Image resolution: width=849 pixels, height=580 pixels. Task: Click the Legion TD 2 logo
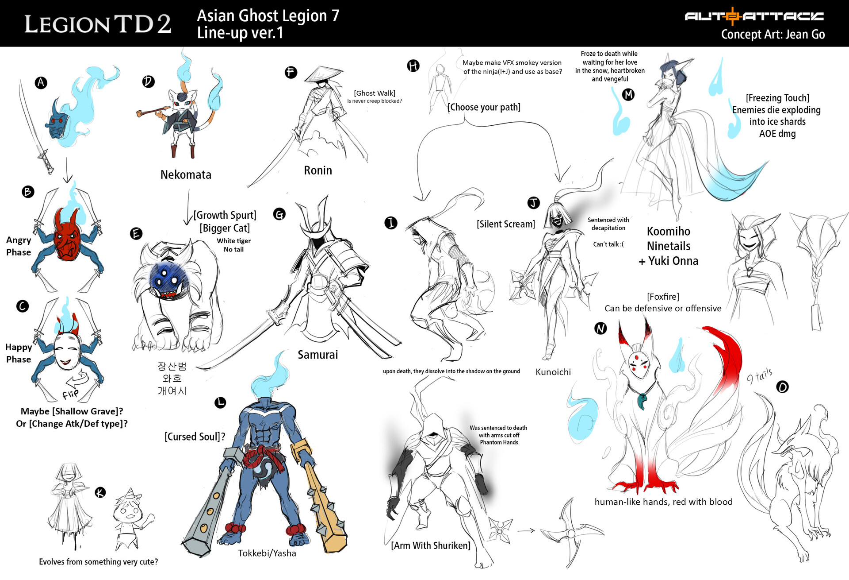pos(97,24)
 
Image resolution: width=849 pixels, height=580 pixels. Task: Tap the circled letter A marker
pos(41,82)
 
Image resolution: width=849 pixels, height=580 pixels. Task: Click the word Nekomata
pos(186,174)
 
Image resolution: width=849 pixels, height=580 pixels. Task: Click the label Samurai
pos(317,355)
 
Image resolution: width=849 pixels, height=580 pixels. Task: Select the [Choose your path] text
pos(484,107)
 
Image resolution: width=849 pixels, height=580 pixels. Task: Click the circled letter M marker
pos(628,94)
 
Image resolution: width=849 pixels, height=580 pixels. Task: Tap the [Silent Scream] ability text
pos(505,224)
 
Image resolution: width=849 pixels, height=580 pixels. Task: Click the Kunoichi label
pos(553,372)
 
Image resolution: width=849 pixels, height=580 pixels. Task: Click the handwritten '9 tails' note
pos(759,376)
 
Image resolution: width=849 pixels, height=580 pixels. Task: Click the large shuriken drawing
pos(570,531)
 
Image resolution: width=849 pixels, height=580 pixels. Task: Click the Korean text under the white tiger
pos(172,378)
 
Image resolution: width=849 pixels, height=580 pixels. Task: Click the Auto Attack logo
pos(754,16)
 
